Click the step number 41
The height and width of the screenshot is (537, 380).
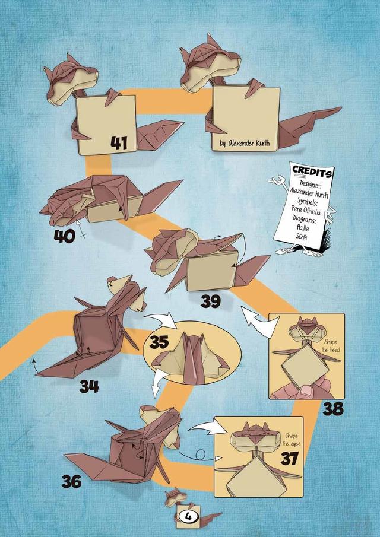tap(119, 142)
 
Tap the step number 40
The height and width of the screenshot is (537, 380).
tap(64, 236)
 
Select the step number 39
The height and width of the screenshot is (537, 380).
tap(210, 301)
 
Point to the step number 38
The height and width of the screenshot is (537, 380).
tap(333, 409)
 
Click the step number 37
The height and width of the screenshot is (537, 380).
tap(289, 459)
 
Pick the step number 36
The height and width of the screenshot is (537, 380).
tap(72, 481)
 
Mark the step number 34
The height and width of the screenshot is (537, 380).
tap(90, 386)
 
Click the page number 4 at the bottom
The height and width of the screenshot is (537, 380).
tap(188, 517)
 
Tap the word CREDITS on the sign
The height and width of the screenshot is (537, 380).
tap(312, 171)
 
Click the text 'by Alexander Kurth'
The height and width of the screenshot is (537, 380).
tap(245, 143)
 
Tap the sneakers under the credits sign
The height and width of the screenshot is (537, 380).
tap(299, 253)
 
